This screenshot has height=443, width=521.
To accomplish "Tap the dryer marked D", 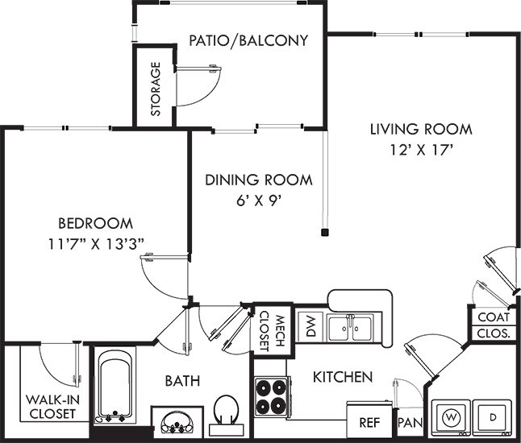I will tap(493, 418).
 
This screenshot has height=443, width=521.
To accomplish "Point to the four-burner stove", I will tap(272, 395).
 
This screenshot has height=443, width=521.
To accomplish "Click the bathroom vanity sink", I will tap(173, 420).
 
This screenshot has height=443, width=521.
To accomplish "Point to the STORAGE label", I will tap(154, 88).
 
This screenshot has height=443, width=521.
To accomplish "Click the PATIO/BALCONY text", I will tap(248, 40).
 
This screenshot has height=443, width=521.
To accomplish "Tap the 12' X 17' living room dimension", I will tap(420, 148).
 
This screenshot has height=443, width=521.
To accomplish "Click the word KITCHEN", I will tap(342, 377).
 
